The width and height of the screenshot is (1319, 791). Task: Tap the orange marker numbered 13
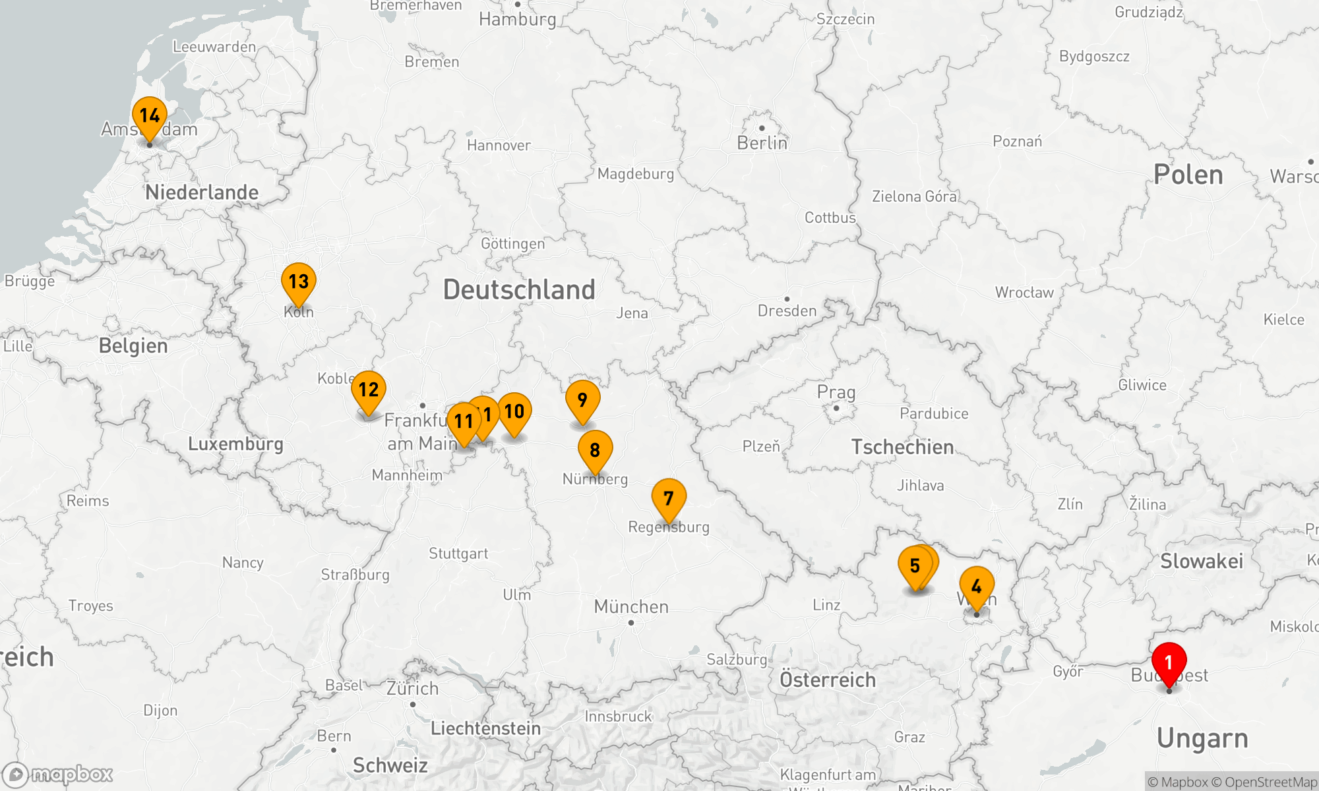[299, 282]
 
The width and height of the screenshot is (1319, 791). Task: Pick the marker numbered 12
[369, 390]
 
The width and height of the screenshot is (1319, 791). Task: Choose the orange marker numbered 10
[514, 412]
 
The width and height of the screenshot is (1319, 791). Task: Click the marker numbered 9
[582, 400]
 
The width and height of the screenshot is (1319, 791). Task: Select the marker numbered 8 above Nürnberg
[595, 450]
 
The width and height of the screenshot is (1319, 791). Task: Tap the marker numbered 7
[669, 498]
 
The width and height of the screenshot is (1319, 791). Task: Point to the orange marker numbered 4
[977, 586]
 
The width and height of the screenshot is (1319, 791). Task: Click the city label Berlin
[762, 143]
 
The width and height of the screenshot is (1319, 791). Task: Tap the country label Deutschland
[519, 290]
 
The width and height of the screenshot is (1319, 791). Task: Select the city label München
[631, 606]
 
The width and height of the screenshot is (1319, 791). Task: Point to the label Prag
[836, 392]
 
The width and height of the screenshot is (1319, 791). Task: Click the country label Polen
[1188, 175]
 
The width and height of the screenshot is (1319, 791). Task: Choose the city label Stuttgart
[458, 554]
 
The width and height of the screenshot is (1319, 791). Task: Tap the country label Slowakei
[1202, 561]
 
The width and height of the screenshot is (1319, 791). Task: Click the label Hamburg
[518, 19]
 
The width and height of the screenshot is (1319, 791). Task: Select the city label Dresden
[787, 310]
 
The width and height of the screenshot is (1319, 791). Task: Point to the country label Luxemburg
[235, 444]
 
